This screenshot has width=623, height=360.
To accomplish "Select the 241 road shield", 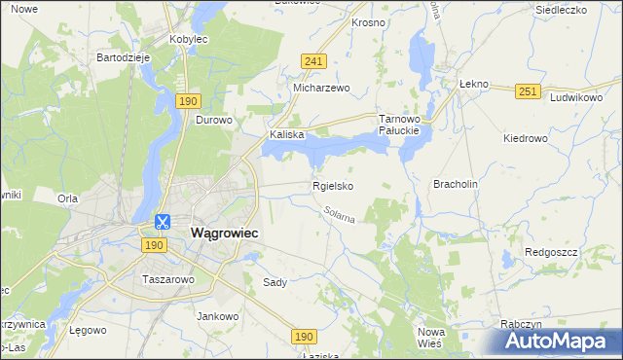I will tap(312, 60).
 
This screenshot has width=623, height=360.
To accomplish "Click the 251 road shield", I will tap(528, 90).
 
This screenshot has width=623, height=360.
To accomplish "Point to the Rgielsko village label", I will tap(332, 185).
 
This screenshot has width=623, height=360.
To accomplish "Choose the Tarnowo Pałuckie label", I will tap(398, 124).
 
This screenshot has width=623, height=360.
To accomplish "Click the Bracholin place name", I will tap(456, 183).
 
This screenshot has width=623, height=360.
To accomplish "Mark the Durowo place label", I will tap(214, 121).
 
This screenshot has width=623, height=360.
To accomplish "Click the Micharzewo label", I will tap(321, 87).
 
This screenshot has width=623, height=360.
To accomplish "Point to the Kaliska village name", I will tap(288, 135).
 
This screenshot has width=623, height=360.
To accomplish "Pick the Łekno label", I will tap(472, 85).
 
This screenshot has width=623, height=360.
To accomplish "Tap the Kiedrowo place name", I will tap(526, 138).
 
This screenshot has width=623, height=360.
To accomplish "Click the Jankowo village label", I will tap(218, 316).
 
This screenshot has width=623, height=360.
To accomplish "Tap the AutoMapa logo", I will tap(559, 341).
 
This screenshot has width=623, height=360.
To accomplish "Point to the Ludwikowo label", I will tap(576, 98).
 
